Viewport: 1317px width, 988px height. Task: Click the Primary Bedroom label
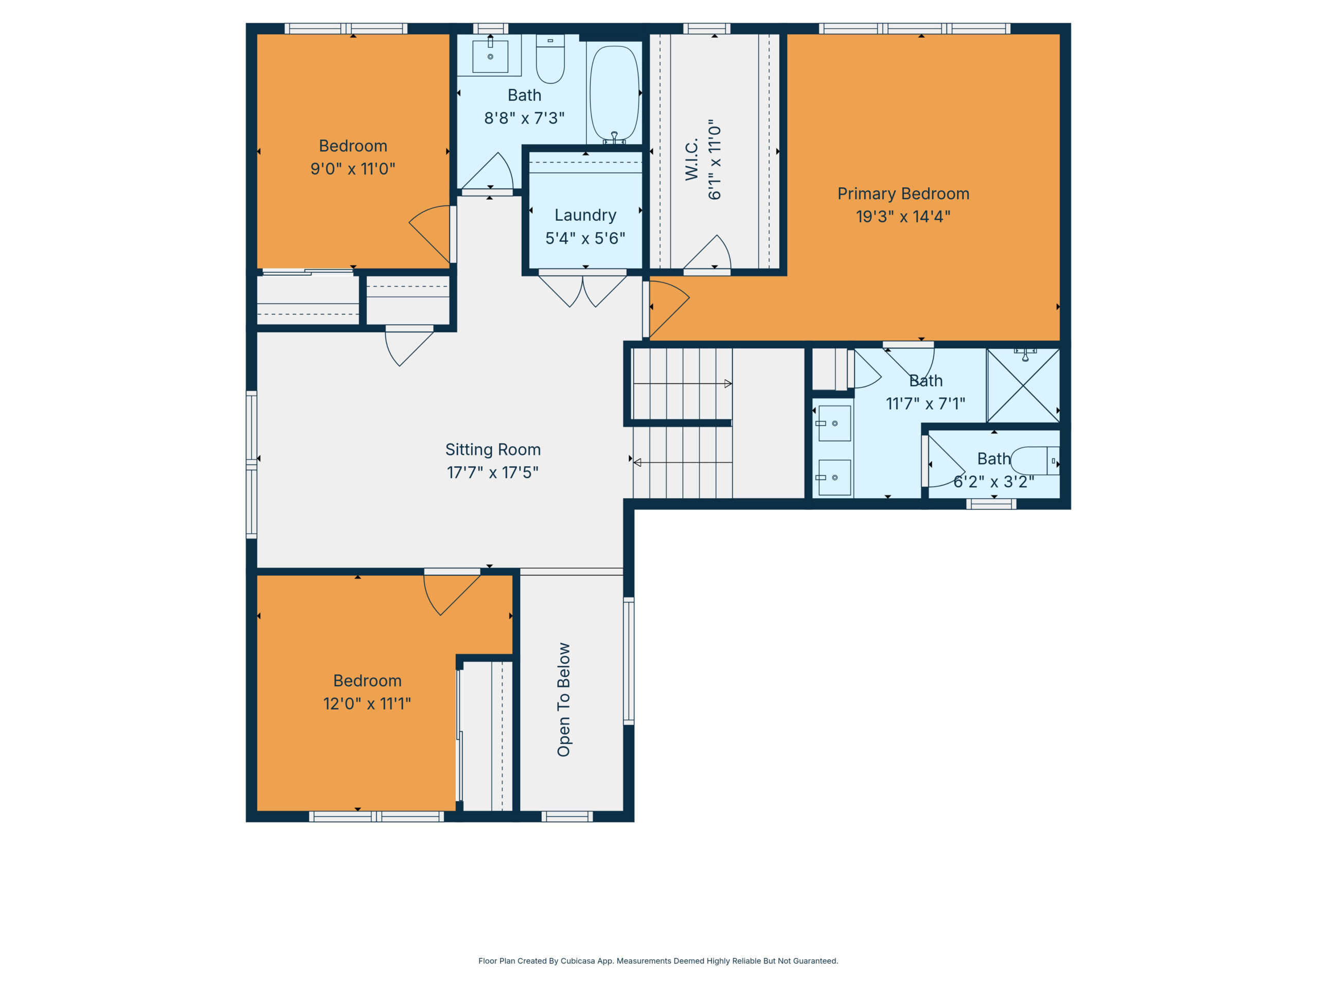click(x=903, y=193)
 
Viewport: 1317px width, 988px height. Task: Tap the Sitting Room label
click(x=493, y=450)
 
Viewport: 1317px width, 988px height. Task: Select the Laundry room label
click(x=585, y=215)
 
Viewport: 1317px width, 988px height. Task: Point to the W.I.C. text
click(x=691, y=160)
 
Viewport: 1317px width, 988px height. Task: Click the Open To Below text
click(x=563, y=700)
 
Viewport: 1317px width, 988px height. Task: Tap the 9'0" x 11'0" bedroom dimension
click(x=352, y=169)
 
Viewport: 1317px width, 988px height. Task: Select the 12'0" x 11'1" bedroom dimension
click(x=367, y=704)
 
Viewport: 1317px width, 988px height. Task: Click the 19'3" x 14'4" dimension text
click(x=903, y=217)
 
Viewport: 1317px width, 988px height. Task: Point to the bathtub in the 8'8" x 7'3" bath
click(x=614, y=94)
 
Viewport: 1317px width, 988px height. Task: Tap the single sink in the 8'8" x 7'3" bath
click(x=490, y=56)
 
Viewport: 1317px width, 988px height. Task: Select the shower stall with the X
click(x=1023, y=385)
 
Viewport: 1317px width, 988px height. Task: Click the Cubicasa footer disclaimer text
click(x=658, y=961)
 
